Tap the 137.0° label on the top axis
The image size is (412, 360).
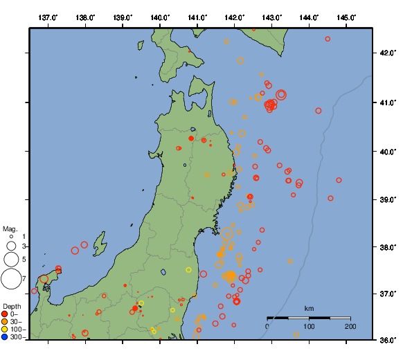(48, 17)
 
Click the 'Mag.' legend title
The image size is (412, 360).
(10, 228)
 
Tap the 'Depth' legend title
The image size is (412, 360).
(11, 306)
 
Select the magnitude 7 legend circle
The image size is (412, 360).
(11, 279)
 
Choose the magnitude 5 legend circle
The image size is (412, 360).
(11, 260)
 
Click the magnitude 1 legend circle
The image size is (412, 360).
(11, 237)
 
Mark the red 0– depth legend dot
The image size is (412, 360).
(5, 314)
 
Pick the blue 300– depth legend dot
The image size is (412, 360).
(5, 337)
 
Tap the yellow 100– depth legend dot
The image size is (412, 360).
(5, 330)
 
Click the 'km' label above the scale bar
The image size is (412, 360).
(309, 309)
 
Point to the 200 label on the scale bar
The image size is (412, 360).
(350, 326)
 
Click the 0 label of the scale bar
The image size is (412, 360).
(268, 326)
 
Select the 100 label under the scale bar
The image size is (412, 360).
(309, 326)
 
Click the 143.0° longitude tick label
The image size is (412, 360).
(272, 17)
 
